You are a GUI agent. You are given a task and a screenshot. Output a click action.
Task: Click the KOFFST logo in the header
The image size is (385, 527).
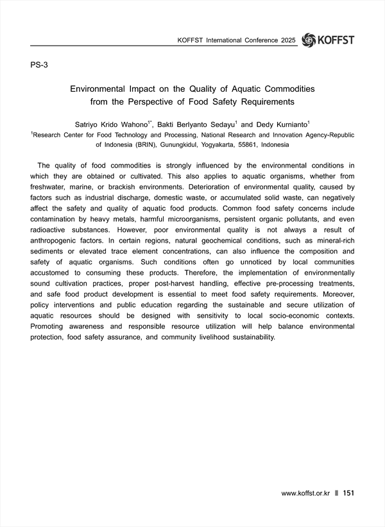[x=327, y=40]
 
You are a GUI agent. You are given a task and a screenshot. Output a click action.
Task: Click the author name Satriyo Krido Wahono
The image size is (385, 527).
[x=112, y=123]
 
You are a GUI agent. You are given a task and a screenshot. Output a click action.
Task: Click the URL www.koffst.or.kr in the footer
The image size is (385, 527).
[x=305, y=493]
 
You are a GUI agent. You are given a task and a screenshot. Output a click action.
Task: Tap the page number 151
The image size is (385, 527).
[x=349, y=493]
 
